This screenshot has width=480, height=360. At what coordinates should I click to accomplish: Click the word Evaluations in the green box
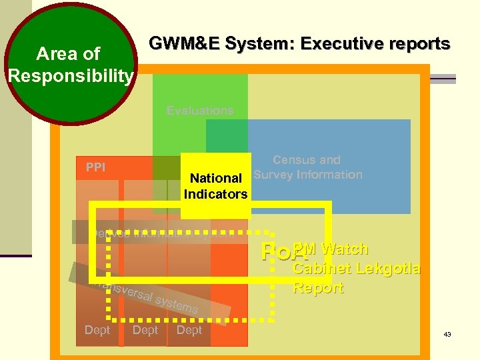coord(200,111)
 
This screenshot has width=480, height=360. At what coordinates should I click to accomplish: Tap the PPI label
coord(95,167)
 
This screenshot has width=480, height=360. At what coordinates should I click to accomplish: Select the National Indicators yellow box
coord(215,186)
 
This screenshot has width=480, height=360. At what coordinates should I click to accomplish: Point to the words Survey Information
coord(307,175)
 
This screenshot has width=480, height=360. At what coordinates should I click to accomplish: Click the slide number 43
coord(447,334)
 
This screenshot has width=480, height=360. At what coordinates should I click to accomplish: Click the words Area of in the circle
coord(69,53)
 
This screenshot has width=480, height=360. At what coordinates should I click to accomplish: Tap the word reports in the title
coord(419,45)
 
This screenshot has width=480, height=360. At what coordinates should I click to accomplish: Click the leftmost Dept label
coord(97,330)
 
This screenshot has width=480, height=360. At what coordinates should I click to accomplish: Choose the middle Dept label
coord(145,330)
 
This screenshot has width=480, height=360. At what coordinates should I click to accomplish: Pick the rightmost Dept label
coord(189,330)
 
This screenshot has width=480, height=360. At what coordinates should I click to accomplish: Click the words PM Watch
coord(331,249)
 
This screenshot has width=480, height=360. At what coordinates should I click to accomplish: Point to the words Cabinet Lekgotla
coord(357,269)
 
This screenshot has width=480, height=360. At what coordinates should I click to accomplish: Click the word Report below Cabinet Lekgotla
coord(318,288)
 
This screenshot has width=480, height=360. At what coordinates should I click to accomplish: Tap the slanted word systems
coord(177,304)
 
